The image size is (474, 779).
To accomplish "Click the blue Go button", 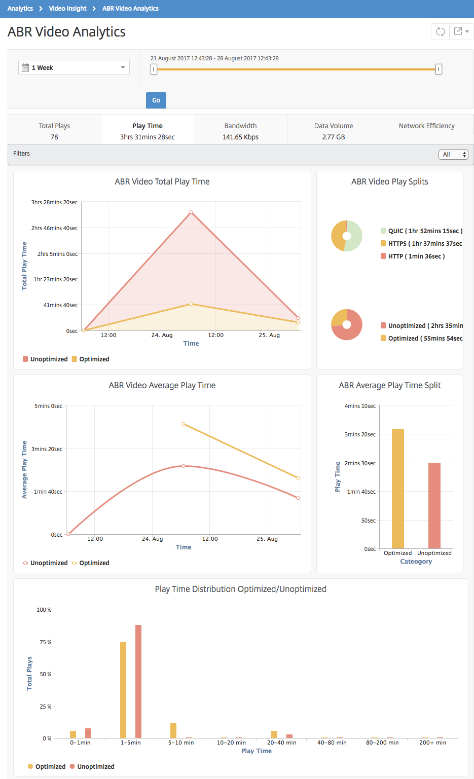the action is [156, 100].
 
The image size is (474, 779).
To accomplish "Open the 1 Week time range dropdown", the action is [74, 67].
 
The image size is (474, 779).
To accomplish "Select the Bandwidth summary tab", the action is [240, 131].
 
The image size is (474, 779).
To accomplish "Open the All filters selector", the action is [454, 155].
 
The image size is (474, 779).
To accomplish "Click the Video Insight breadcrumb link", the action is [67, 8].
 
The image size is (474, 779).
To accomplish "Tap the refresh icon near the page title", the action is [440, 31].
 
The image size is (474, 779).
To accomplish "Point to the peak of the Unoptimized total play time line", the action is [191, 212].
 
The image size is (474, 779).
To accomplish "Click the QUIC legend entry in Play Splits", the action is [421, 231].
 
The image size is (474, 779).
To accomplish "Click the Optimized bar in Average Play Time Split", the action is [398, 489].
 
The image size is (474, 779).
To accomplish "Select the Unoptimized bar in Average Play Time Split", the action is [434, 506].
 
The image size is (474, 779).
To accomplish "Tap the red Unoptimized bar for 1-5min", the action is [138, 681].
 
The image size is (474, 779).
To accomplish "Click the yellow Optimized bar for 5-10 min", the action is [173, 730].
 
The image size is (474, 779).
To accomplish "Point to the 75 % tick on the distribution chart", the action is [46, 642].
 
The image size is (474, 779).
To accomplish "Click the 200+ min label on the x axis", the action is [432, 743].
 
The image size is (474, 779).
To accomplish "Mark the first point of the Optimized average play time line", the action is [184, 424].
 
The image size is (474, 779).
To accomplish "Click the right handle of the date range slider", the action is [439, 69].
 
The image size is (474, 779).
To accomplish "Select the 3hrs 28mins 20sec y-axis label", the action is [54, 202].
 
